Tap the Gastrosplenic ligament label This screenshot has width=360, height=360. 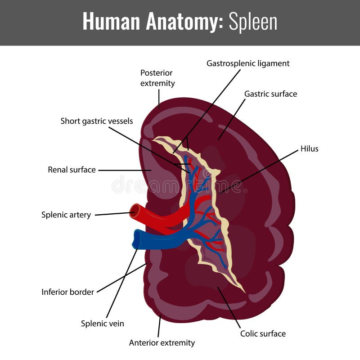pos(248,63)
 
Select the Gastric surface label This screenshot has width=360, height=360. pos(270,94)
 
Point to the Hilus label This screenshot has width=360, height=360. pos(309,148)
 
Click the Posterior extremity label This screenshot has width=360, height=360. pos(157,78)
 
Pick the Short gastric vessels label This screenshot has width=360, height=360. pos(97,121)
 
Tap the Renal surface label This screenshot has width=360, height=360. pos(72,170)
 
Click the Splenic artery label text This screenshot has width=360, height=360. pos(66,215)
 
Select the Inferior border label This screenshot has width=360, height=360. pos(68,292)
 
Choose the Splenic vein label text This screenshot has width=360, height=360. pos(103,323)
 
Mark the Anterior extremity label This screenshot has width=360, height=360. pos(162,343)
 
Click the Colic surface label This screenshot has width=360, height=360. pos(263,333)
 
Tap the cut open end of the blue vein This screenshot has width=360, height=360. pos(136,239)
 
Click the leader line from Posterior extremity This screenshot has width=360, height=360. pos(159,98)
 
